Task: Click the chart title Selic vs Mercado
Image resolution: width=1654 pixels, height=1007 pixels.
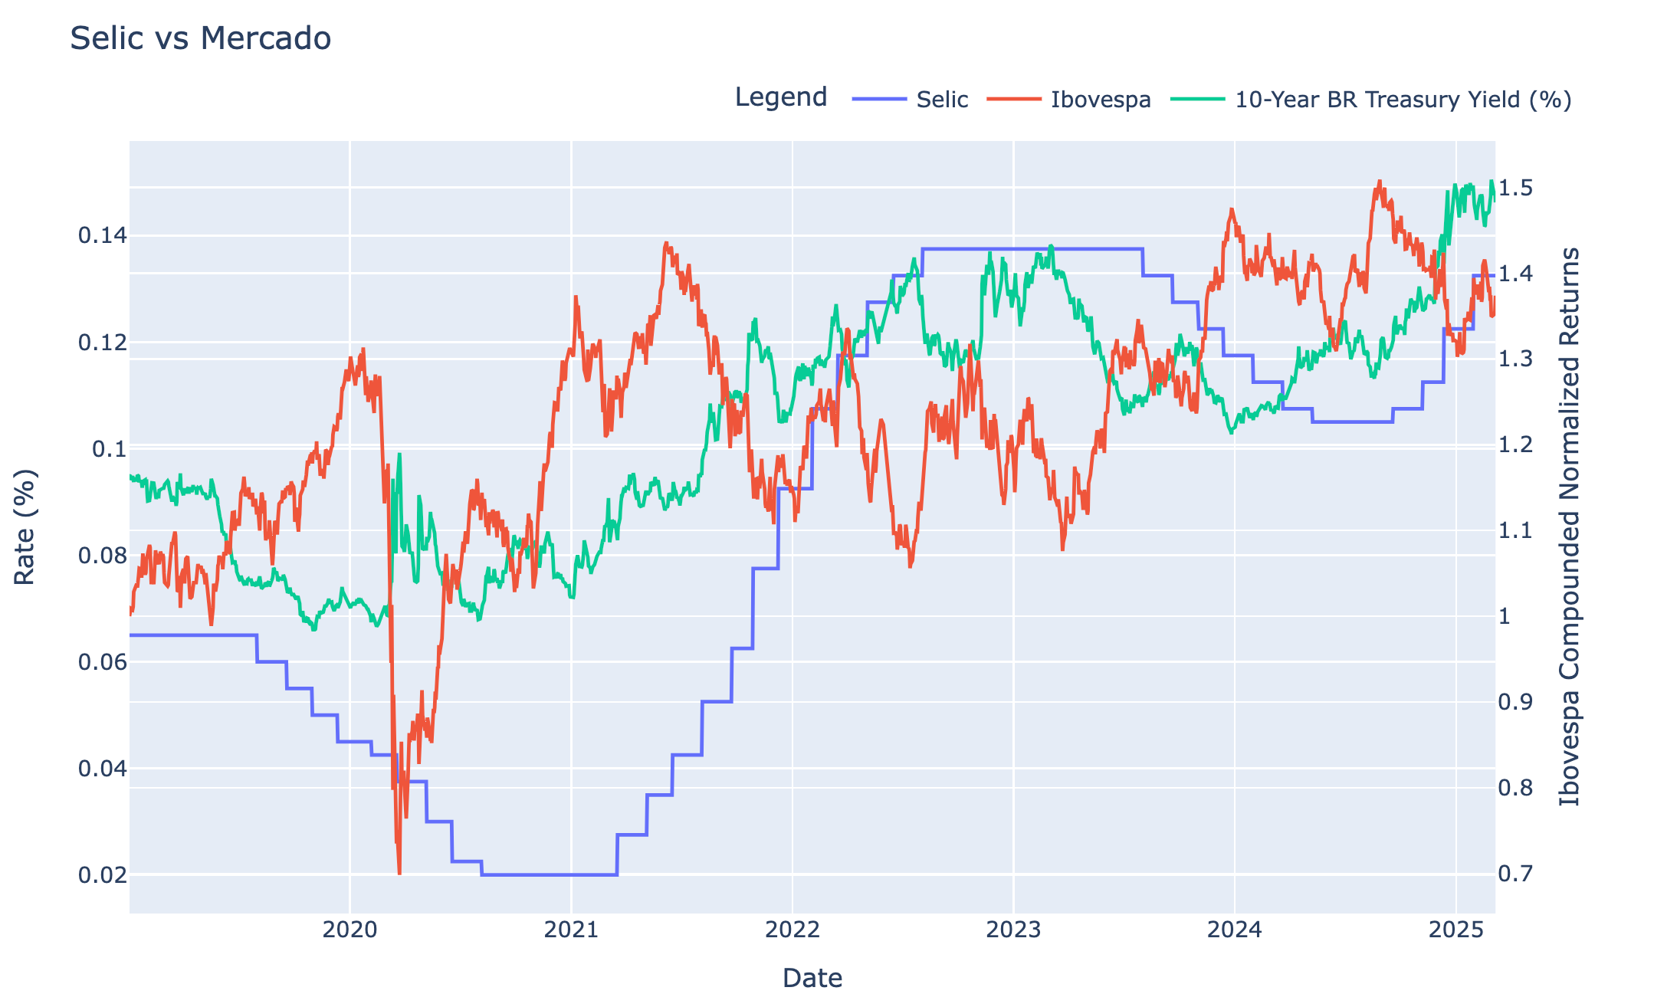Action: [x=200, y=38]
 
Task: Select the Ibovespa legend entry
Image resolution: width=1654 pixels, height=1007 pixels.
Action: [x=1069, y=100]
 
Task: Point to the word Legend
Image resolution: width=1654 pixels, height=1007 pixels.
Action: [x=781, y=97]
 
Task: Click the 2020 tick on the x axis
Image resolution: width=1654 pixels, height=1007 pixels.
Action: [x=350, y=930]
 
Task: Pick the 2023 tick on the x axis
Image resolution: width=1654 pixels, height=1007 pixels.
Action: [x=1013, y=930]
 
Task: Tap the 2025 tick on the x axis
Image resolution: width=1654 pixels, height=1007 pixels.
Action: [x=1455, y=930]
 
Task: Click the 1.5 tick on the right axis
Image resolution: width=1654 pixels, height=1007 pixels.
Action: [x=1515, y=188]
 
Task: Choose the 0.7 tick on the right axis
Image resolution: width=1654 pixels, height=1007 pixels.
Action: [x=1515, y=874]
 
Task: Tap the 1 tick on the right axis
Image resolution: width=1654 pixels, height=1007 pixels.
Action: [x=1506, y=616]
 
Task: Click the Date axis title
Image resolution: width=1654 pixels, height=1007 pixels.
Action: [x=812, y=979]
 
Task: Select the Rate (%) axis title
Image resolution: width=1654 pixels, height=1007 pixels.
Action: [x=25, y=526]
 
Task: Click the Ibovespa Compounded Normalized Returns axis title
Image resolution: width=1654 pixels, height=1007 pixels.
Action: [x=1570, y=526]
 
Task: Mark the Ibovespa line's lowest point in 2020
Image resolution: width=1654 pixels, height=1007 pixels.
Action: [x=399, y=873]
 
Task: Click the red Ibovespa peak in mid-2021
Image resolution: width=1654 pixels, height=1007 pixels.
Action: [x=666, y=243]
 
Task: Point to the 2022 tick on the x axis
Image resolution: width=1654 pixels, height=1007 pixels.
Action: [x=793, y=930]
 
